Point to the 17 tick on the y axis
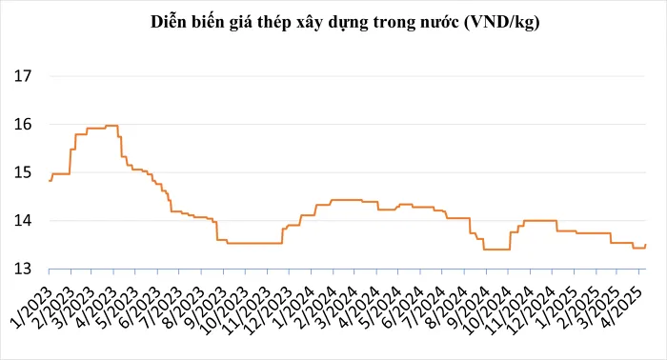click(x=25, y=76)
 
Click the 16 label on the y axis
click(x=25, y=125)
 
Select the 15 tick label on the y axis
click(x=25, y=173)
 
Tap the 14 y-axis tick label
click(x=25, y=221)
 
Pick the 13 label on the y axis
click(x=25, y=270)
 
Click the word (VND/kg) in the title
click(x=501, y=22)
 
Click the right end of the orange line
click(x=646, y=246)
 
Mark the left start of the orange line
click(x=49, y=180)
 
